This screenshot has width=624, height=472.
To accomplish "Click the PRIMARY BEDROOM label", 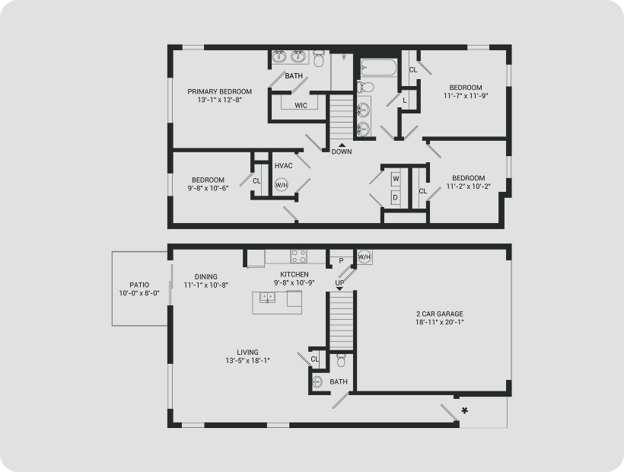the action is pos(220,91).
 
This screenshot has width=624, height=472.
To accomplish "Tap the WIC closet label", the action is pos(301,106).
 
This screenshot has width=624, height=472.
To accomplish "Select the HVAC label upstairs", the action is pos(283,165).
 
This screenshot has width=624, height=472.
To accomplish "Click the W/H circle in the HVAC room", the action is pos(282,185).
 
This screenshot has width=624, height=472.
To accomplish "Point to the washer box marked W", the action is pos(396,179).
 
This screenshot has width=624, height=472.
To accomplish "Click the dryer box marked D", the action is pos(396,197).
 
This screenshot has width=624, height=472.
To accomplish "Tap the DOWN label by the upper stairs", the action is pos(342,151).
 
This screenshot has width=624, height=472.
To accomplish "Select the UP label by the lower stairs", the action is pos(339,282).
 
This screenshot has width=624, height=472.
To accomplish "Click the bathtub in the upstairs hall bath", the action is pos(378,68).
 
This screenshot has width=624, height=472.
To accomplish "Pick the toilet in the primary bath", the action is pos(319,59).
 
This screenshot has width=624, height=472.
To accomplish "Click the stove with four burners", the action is pos(299,257).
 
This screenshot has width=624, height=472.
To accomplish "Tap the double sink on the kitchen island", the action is pos(268,298).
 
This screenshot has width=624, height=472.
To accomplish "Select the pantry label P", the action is pos(341,261).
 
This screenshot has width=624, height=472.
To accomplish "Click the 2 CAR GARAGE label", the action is pos(440,314).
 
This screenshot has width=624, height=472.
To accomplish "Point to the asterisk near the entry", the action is pos(464,410).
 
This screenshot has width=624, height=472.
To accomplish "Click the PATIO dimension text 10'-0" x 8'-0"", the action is pos(139,293).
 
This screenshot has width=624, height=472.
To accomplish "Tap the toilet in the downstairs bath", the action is pos(341,360).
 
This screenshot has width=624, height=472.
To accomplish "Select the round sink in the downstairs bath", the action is pos(317,381).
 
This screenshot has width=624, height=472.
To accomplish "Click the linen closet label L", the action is pos(405,100).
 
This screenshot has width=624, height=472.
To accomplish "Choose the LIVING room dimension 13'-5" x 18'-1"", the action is pos(247,361).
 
